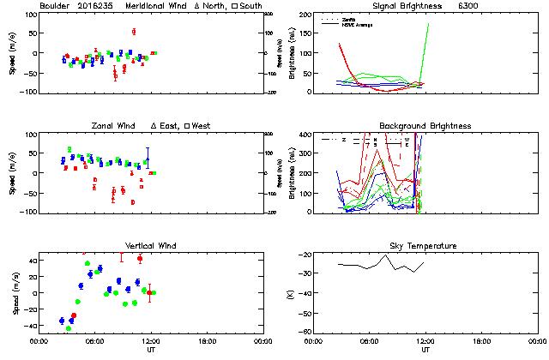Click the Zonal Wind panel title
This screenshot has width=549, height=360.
(x=113, y=126)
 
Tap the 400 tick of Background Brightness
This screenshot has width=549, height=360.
(x=304, y=135)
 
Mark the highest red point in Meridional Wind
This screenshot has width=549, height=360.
(x=134, y=32)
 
